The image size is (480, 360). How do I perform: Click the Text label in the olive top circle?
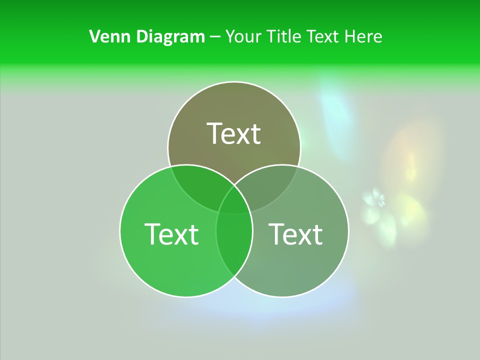[234, 133]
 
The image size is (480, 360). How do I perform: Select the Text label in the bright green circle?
[171, 233]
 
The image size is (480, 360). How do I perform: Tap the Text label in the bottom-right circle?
[295, 233]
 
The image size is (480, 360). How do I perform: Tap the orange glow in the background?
[407, 150]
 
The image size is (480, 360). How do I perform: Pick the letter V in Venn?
[94, 36]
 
